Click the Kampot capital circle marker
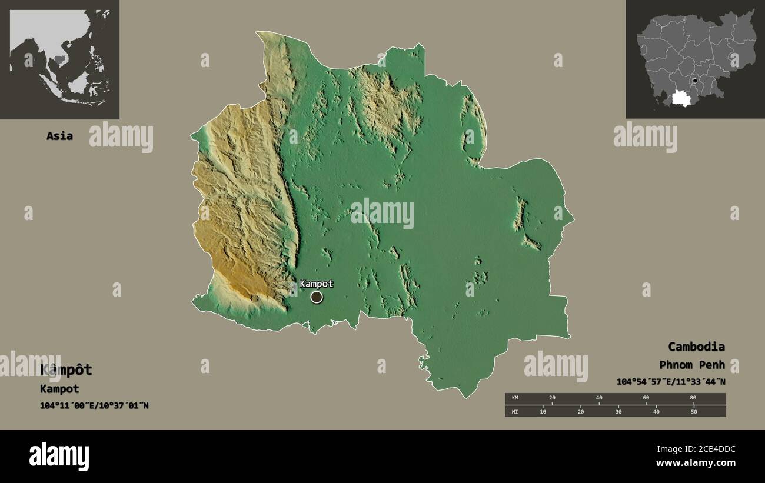tap(317, 297)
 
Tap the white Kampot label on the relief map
tap(316, 284)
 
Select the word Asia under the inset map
tap(59, 136)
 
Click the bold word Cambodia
tap(696, 347)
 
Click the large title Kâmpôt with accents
tap(66, 370)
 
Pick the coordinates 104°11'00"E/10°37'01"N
tap(94, 405)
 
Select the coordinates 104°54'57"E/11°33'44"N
tap(671, 382)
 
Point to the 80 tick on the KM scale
tap(693, 398)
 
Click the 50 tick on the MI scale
tap(694, 412)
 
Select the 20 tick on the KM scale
tap(552, 398)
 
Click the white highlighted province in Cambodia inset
tap(683, 98)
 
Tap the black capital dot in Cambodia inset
tap(695, 81)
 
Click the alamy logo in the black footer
tap(59, 457)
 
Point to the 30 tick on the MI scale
tap(618, 412)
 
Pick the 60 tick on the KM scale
tap(646, 398)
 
